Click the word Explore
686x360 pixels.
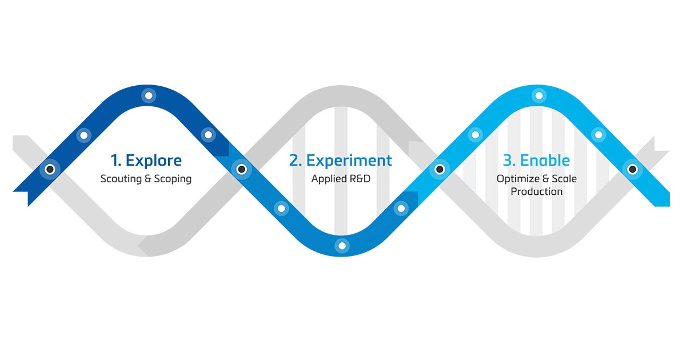tap(153, 160)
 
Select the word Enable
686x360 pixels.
tap(545, 161)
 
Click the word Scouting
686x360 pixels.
tap(119, 179)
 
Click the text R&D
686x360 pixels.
tap(360, 179)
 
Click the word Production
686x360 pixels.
tap(537, 191)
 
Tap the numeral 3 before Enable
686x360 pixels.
tap(508, 161)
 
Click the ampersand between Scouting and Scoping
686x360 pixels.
tap(147, 179)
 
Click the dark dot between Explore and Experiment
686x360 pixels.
tap(241, 169)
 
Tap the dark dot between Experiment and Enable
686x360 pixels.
tap(439, 169)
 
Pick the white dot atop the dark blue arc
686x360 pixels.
tap(149, 95)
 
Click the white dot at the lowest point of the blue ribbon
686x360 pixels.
tap(342, 246)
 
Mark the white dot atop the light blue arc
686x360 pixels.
tap(538, 95)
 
